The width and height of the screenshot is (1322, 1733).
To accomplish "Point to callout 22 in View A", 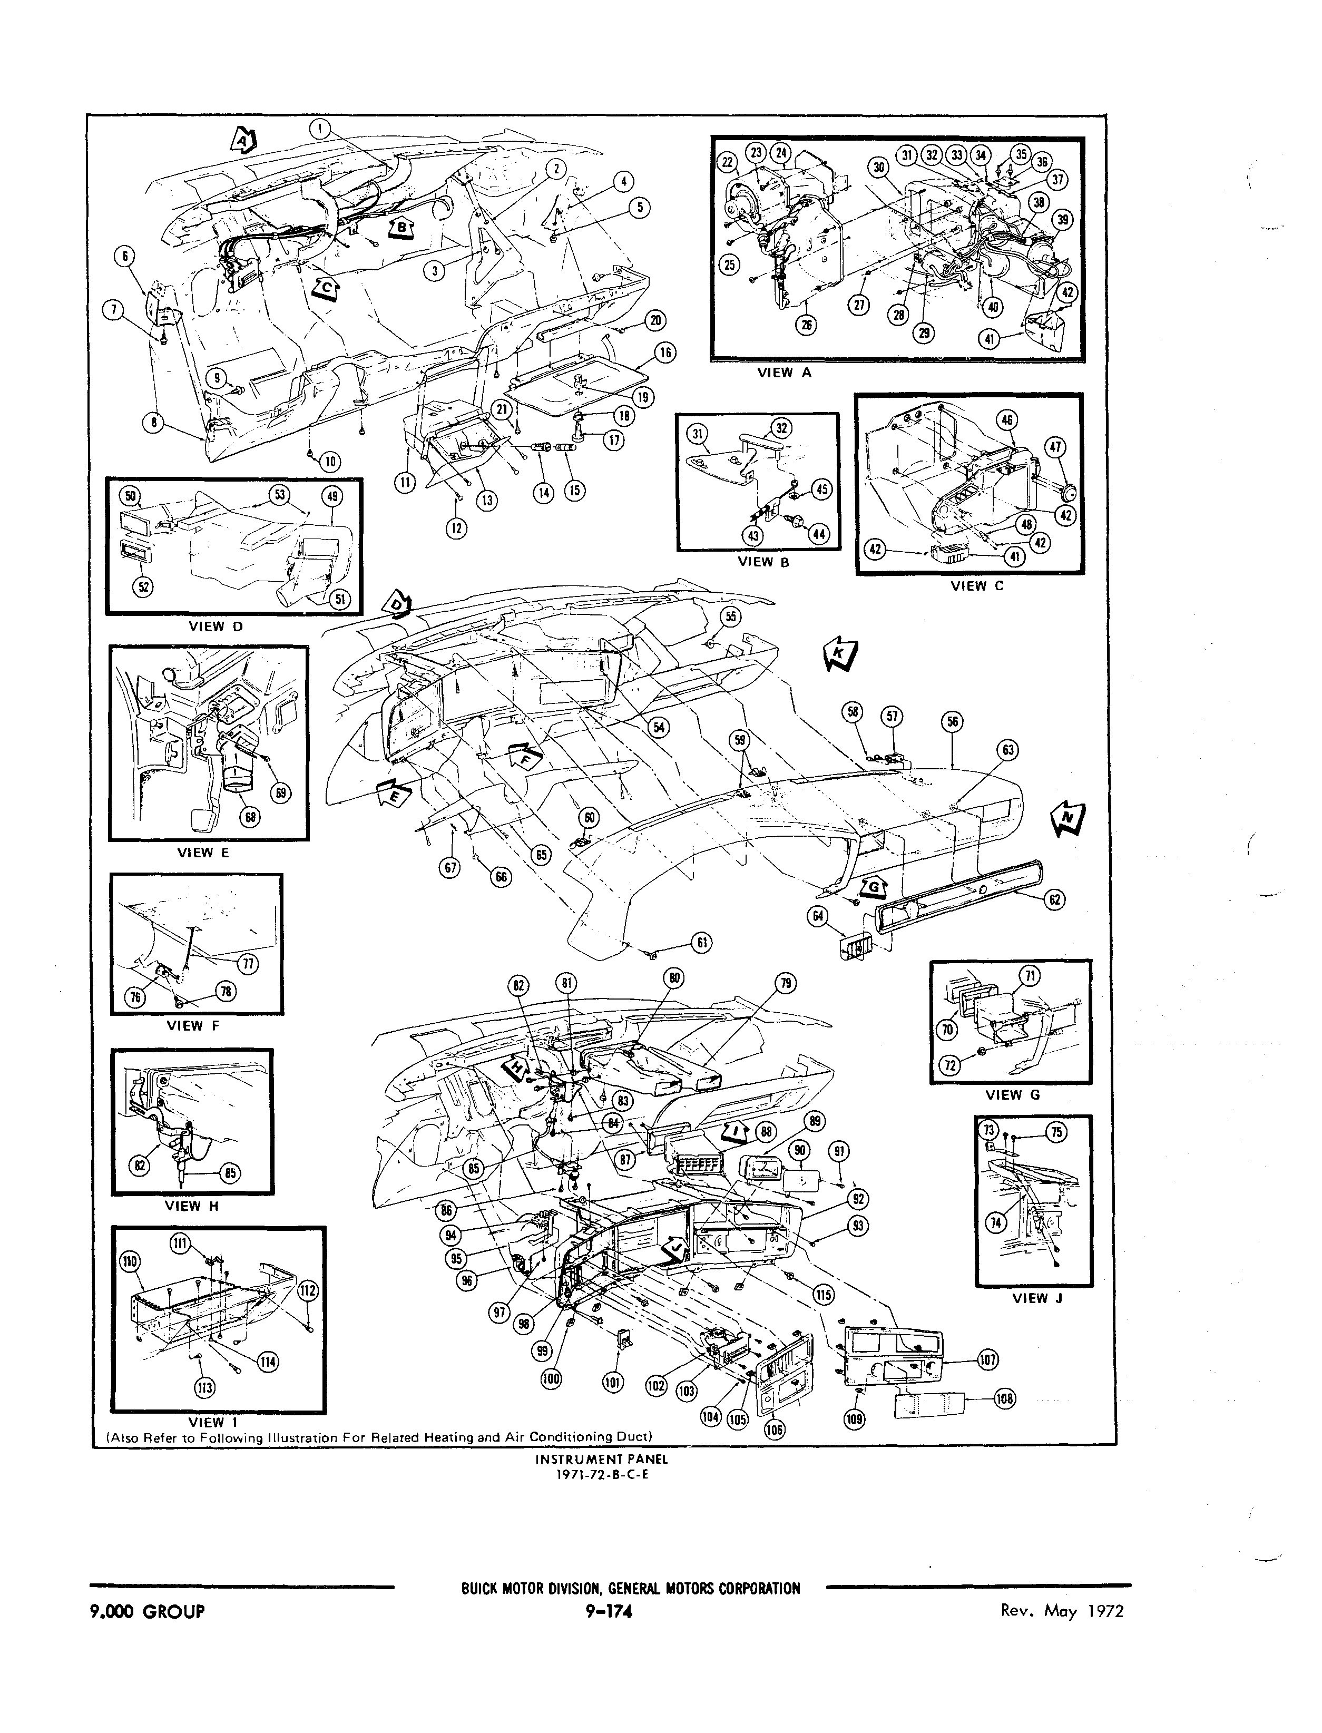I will (x=726, y=163).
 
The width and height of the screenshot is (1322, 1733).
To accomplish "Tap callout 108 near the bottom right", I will (x=1005, y=1398).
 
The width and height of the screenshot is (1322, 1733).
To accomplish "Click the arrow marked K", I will (x=840, y=653).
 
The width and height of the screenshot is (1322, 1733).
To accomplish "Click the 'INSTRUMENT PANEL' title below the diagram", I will (x=601, y=1458).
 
